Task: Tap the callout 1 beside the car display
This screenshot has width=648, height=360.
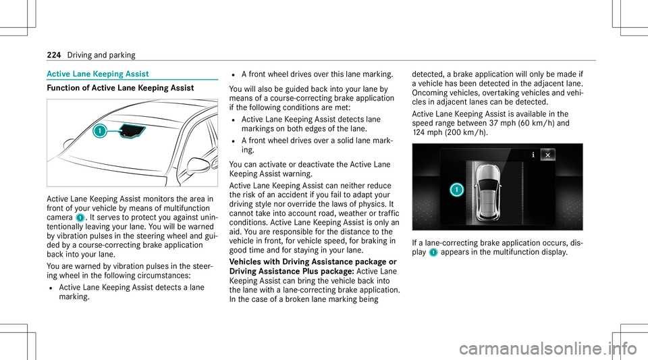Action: click(x=457, y=190)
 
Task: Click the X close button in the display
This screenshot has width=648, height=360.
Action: click(x=547, y=154)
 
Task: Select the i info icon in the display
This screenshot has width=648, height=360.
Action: click(x=533, y=154)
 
